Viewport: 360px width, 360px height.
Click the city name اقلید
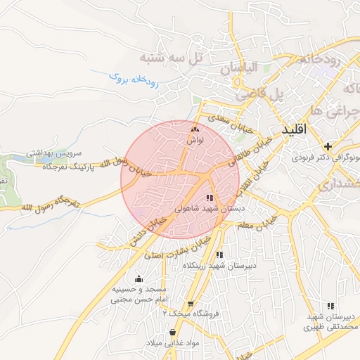coord(295,131)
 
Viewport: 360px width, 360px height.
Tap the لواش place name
coord(195,140)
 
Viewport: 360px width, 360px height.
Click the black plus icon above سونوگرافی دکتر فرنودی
coord(328,145)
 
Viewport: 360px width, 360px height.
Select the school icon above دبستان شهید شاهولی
coord(210,198)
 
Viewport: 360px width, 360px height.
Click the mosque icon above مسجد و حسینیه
coord(139,278)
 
